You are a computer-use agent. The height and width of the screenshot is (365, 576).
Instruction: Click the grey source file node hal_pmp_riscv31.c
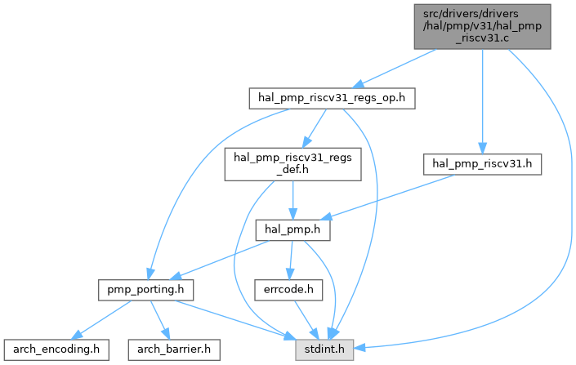tap(480, 25)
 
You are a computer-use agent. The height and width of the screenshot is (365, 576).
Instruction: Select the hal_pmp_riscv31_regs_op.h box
tap(332, 98)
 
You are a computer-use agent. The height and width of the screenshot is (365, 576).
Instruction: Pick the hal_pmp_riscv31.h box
tap(482, 163)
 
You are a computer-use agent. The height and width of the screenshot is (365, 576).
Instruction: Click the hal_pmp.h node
tap(292, 230)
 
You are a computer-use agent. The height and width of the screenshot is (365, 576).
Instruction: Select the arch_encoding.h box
tap(56, 349)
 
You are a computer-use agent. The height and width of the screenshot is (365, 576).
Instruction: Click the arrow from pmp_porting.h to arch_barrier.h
tap(159, 318)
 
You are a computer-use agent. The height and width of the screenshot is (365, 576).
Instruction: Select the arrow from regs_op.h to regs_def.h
tap(314, 127)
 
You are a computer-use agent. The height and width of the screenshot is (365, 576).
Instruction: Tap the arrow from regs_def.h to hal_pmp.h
tap(292, 200)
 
